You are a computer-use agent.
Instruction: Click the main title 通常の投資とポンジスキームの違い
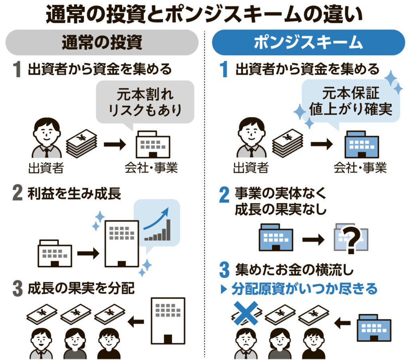[204, 15]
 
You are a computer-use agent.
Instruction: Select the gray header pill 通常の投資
[102, 42]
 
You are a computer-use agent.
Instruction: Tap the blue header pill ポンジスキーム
[308, 42]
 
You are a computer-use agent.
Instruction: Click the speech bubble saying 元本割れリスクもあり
[145, 101]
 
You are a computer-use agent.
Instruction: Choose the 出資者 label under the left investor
[46, 168]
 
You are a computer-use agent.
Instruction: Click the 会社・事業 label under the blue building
[360, 168]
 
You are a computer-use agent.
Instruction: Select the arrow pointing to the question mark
[313, 240]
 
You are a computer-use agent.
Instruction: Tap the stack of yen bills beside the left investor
[81, 143]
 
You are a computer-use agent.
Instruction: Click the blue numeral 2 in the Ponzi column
[224, 195]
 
